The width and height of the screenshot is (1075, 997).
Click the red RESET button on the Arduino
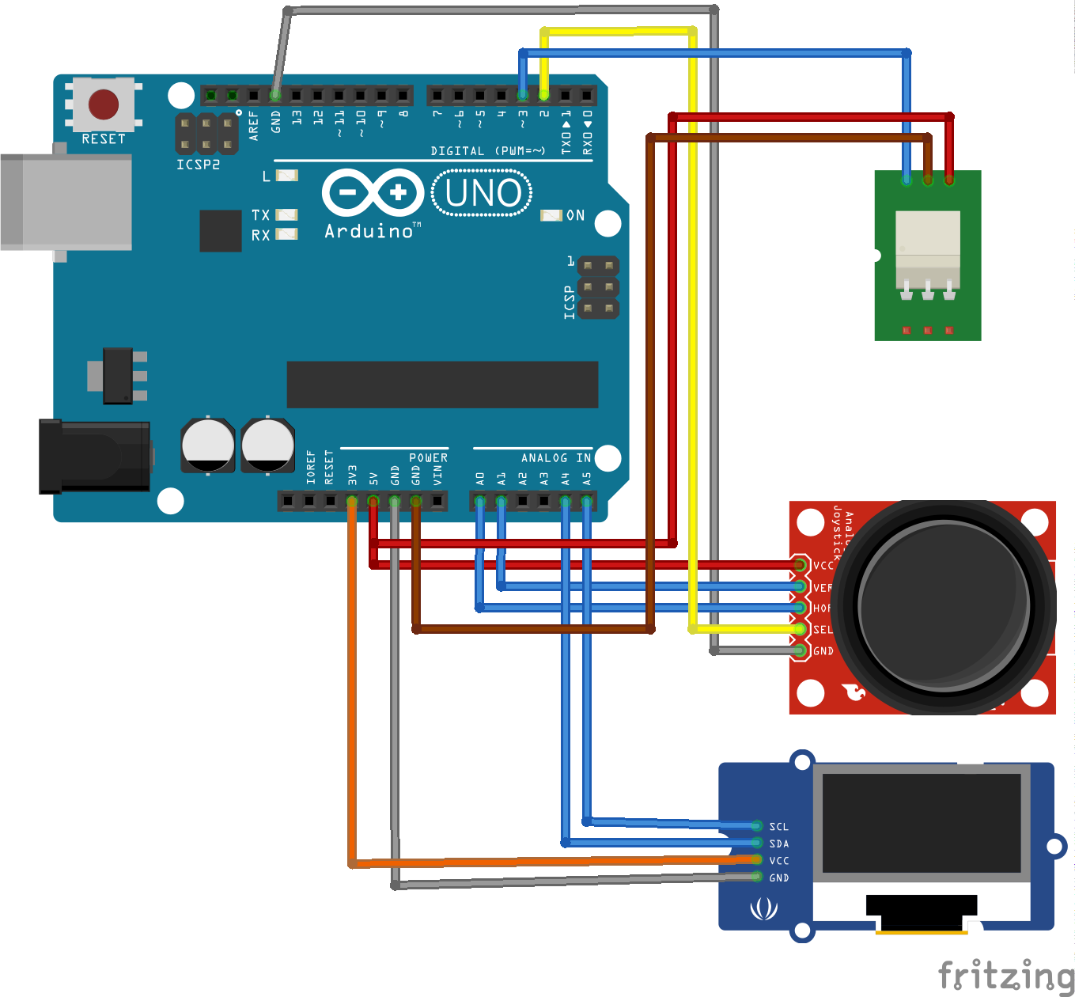(x=104, y=104)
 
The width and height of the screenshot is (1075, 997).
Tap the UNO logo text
(x=483, y=193)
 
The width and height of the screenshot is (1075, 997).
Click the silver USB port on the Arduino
(x=66, y=202)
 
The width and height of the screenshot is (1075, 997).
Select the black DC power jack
(x=95, y=457)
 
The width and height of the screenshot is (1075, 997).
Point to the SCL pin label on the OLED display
(x=778, y=826)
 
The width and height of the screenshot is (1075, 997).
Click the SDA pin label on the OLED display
(x=778, y=843)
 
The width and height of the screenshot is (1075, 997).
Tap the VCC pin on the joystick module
(x=801, y=565)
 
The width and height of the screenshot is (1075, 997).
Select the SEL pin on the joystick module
(x=801, y=629)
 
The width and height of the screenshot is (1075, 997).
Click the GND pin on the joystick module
(x=801, y=650)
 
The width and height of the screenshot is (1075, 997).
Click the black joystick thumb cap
(x=944, y=605)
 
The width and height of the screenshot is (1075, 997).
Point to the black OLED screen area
(x=922, y=823)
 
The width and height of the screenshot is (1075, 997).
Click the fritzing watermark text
(x=1005, y=975)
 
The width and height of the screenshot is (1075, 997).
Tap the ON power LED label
(x=575, y=215)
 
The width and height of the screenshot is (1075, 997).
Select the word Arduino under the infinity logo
(x=369, y=231)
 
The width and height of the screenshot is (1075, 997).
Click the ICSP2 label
(x=198, y=165)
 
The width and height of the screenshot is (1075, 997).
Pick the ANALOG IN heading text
(x=555, y=458)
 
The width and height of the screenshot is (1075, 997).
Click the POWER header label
(x=428, y=458)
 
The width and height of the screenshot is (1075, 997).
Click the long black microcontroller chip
(x=442, y=385)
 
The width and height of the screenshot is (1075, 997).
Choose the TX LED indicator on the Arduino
(x=286, y=215)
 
